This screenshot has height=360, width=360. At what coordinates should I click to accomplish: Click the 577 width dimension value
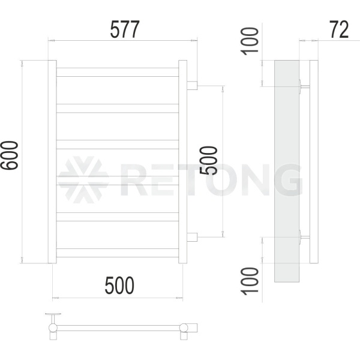125,29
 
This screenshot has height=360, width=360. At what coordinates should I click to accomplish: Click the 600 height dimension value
10,155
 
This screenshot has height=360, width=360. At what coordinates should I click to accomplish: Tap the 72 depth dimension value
339,29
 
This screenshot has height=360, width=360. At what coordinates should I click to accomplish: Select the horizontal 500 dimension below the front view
119,286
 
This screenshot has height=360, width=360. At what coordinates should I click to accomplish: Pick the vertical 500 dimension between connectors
208,160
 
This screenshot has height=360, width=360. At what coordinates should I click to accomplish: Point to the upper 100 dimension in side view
250,41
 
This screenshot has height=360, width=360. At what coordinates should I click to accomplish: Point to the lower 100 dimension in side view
250,281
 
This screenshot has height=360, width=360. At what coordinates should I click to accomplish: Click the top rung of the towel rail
118,72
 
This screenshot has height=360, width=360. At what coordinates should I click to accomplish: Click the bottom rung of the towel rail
118,253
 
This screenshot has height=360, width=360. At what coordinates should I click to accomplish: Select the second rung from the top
118,109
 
